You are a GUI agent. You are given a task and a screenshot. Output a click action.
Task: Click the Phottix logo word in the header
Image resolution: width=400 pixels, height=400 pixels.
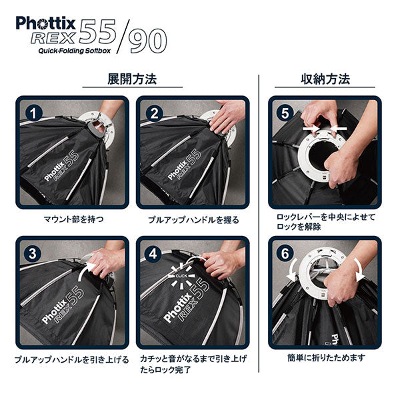tap(45, 23)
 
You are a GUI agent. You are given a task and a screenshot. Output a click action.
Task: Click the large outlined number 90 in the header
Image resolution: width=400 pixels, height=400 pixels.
tap(147, 41)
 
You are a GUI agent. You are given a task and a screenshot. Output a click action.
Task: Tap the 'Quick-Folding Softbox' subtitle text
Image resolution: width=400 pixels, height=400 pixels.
tap(75, 51)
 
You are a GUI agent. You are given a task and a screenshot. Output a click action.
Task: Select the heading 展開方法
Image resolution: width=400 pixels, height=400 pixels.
tap(132, 79)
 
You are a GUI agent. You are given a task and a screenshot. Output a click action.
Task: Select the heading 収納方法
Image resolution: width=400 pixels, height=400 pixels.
tap(325, 79)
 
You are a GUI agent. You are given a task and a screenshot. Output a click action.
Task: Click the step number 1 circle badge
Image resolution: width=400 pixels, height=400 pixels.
tap(33, 113)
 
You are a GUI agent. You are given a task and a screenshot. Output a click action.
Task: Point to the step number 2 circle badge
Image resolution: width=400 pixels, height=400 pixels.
tap(154, 113)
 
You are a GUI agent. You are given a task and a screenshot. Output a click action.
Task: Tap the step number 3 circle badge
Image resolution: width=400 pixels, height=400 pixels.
tap(33, 253)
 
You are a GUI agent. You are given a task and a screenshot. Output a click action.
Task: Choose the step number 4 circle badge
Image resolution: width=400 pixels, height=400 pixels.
tap(153, 253)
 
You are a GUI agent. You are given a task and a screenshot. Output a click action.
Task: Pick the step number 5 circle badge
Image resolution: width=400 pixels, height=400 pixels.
tap(285, 113)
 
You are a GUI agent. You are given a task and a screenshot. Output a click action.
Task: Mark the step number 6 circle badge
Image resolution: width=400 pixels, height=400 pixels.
tap(285, 253)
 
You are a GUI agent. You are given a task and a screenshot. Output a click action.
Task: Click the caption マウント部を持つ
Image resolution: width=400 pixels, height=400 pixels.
tap(73, 219)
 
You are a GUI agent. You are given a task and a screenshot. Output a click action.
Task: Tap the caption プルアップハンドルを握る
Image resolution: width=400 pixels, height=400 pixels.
tap(193, 220)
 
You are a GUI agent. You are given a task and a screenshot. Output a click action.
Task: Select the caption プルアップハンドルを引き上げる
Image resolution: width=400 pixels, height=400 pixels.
tap(72, 360)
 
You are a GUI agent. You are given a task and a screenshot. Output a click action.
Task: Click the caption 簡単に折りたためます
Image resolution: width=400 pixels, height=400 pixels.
tap(326, 358)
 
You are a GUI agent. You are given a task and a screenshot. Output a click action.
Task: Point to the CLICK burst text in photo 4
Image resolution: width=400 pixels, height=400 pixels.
tap(181, 276)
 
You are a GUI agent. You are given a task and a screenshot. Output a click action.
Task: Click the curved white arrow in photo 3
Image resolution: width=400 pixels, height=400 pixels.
tap(85, 271)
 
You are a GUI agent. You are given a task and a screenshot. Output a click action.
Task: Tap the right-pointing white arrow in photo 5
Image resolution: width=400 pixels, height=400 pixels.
tap(311, 128)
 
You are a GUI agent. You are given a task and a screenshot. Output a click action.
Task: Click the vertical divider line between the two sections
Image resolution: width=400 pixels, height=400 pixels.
tap(259, 223)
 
